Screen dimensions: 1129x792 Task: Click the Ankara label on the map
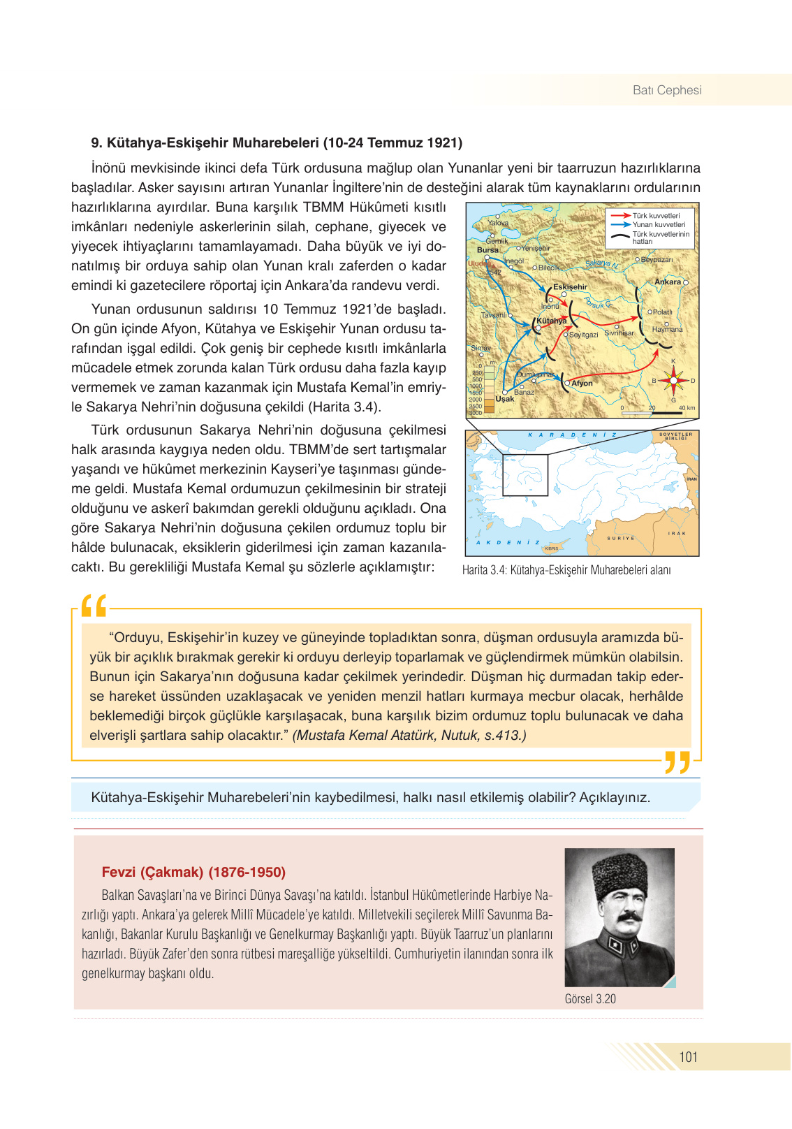667,282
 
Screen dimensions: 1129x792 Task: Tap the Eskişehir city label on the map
570,287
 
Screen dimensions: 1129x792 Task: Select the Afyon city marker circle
567,383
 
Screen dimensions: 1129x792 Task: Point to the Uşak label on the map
504,399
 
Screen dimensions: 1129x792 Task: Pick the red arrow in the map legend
620,216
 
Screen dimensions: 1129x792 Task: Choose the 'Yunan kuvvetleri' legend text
659,225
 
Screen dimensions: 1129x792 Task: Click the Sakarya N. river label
601,264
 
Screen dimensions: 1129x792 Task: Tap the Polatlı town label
661,312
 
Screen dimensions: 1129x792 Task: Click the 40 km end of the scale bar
686,408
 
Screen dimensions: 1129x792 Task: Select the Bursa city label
487,249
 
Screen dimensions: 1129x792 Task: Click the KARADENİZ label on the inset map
572,435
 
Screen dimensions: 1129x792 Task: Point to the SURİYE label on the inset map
620,538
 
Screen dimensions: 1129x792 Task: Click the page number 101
688,1057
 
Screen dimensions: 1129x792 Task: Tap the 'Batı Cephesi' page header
666,90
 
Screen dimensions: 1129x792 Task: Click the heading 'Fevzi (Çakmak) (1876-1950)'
193,872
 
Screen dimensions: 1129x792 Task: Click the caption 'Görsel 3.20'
590,999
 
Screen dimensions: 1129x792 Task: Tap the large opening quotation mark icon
94,606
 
